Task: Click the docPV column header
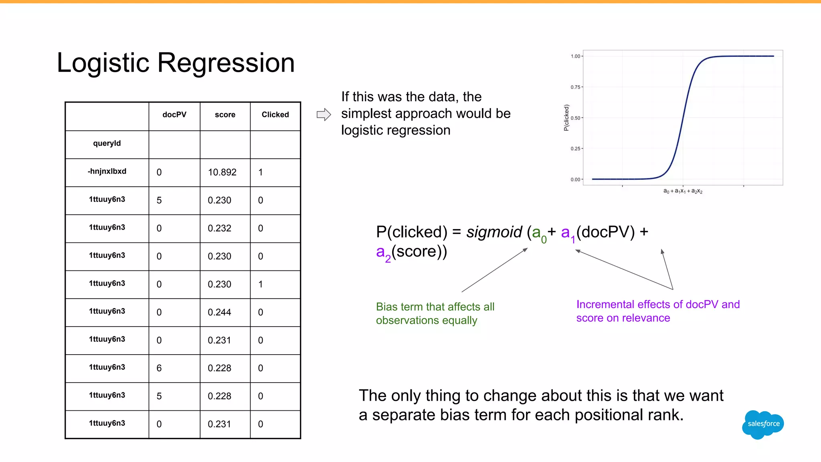[174, 115]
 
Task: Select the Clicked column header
[275, 115]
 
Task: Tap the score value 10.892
[222, 172]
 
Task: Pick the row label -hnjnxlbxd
[107, 171]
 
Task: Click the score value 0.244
[219, 312]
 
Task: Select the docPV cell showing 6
[159, 368]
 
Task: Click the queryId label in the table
[107, 143]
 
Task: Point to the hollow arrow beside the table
[324, 115]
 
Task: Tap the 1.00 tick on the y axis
[575, 56]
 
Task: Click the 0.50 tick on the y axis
[575, 118]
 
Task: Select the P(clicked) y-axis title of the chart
[566, 117]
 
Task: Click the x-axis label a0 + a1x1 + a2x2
[683, 191]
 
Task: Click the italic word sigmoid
[494, 232]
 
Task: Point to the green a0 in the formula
[538, 233]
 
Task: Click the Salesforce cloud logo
[763, 424]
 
